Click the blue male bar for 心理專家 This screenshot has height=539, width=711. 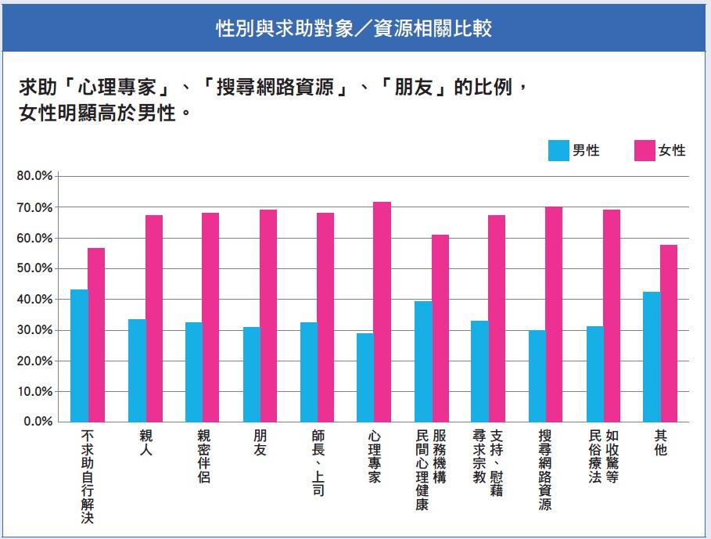tap(365, 377)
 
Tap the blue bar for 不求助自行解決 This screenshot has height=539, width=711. tap(79, 355)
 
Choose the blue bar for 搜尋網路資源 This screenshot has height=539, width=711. tap(537, 376)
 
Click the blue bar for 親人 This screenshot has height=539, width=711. tap(137, 370)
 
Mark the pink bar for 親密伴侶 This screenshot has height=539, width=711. tap(210, 317)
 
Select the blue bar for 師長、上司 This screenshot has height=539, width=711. tap(308, 372)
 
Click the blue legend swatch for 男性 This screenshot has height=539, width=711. tap(558, 150)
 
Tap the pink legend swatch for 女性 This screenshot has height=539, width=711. tap(645, 150)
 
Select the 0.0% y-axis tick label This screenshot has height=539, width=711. tap(37, 422)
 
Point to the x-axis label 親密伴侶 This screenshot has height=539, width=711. tap(203, 455)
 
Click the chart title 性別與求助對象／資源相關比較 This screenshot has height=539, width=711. tap(354, 30)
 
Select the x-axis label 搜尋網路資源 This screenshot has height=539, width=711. tap(546, 469)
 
